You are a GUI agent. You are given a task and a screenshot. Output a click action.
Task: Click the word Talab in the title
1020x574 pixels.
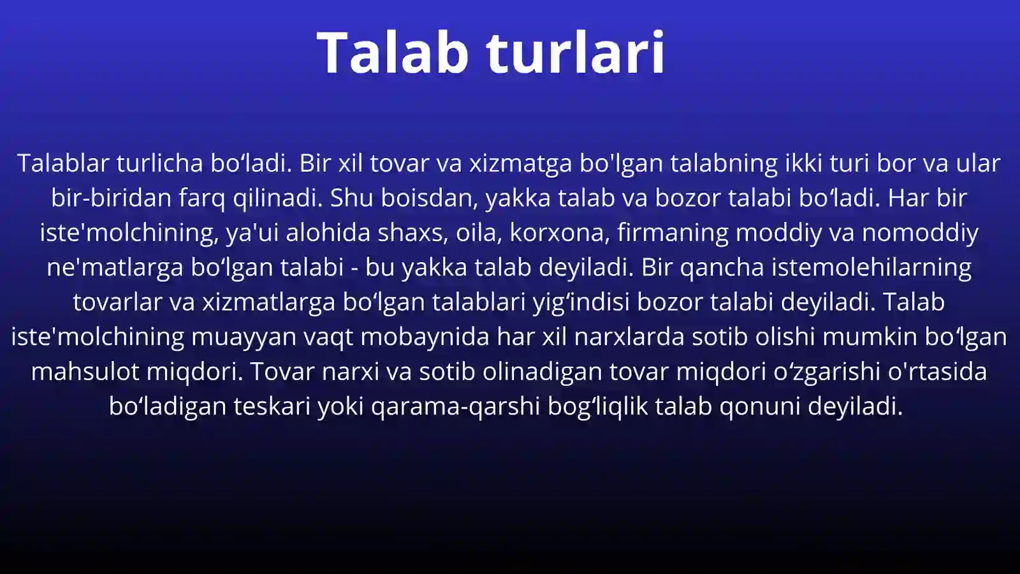pos(393,52)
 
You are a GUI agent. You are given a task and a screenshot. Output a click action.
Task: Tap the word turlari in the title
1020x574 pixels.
pos(576,52)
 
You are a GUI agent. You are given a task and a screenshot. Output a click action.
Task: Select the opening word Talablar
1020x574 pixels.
pos(63,163)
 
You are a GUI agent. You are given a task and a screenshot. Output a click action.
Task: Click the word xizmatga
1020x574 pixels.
pos(520,163)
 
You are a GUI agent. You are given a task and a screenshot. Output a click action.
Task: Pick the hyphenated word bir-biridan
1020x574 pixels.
pos(111,198)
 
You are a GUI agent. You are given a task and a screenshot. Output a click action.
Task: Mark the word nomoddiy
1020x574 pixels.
pos(920,233)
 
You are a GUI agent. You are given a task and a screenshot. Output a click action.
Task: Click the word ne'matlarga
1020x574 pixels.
pos(115,267)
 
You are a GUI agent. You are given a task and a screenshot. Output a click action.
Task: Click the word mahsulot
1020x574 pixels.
pos(85,371)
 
